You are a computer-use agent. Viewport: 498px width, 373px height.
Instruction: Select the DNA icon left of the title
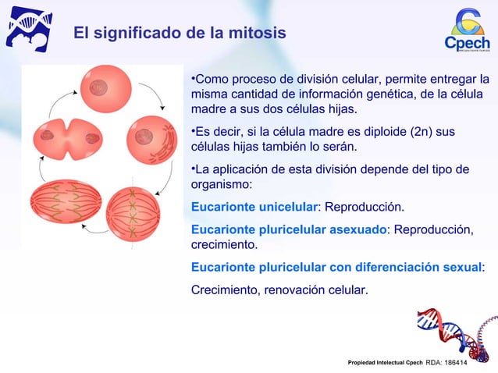pyautogui.click(x=29, y=29)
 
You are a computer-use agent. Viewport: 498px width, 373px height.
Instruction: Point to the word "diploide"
pyautogui.click(x=379, y=131)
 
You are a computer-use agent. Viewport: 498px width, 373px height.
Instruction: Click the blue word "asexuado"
pyautogui.click(x=357, y=229)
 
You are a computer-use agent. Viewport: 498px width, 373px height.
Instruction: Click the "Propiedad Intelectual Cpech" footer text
pyautogui.click(x=385, y=363)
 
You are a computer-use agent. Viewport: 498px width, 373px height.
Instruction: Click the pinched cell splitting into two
pyautogui.click(x=68, y=140)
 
